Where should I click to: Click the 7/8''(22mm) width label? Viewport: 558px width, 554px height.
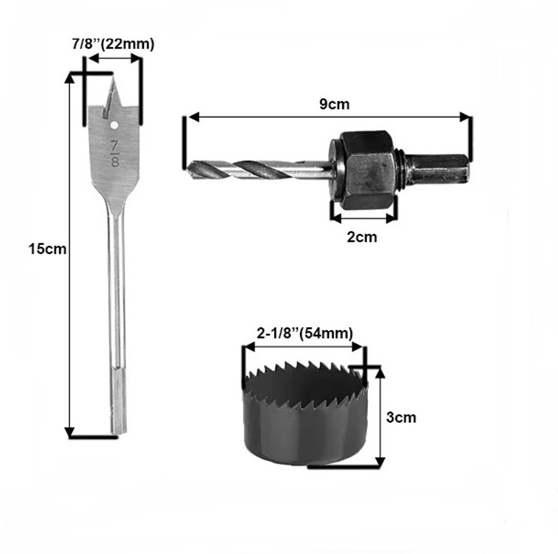pos(113,44)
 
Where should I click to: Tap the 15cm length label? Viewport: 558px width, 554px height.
pos(47,249)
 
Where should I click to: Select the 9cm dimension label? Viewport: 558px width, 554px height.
pos(334,104)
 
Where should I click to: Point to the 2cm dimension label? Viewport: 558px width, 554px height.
pos(362,237)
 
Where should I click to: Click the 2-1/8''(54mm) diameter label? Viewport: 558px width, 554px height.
pos(305,334)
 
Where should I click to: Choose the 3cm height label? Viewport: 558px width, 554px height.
pos(401,417)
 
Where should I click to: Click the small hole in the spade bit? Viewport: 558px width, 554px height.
pos(114,125)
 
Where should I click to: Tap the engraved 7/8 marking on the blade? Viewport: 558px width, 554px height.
pos(114,154)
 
